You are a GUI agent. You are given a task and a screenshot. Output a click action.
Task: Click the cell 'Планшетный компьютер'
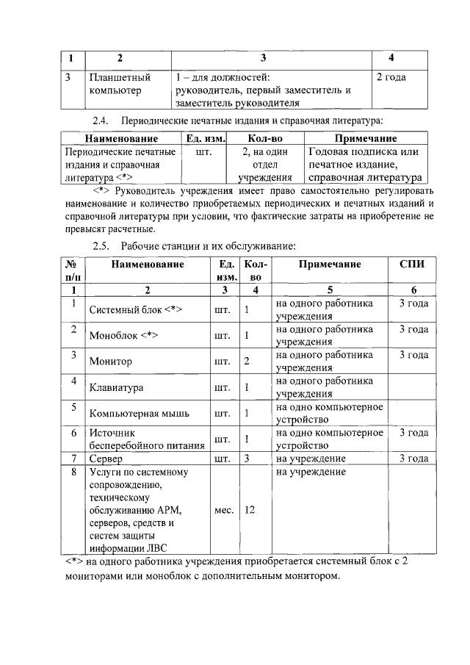120,83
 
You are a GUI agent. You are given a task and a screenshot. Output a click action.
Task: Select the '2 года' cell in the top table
391,76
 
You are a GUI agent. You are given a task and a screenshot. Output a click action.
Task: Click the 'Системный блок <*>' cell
135,309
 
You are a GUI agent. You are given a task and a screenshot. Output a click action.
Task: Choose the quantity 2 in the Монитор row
247,362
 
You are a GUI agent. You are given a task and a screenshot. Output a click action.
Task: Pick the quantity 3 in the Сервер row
248,459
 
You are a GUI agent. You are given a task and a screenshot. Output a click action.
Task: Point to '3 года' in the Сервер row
413,459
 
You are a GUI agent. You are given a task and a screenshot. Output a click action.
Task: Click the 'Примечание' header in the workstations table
329,264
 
